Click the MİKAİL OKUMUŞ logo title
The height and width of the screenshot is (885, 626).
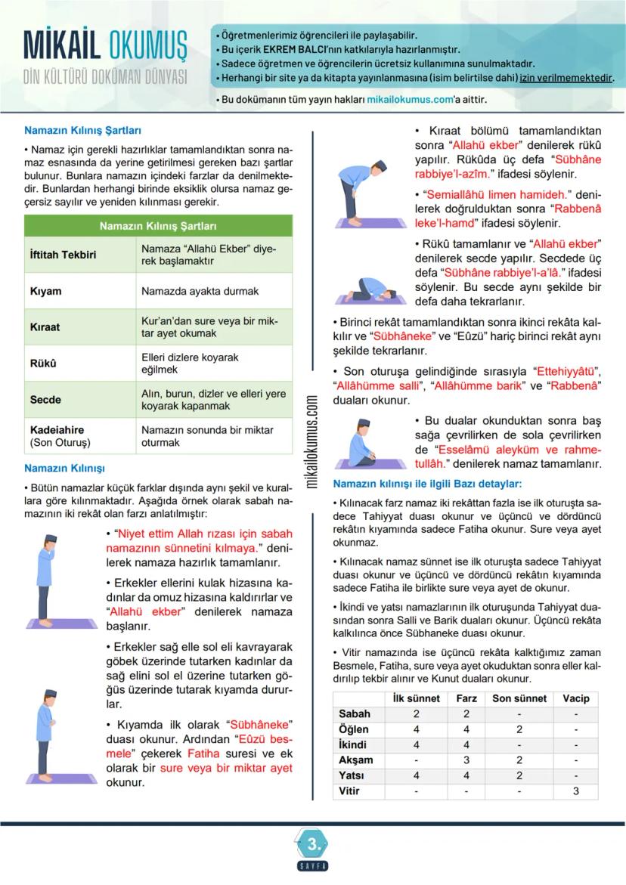pos(105,46)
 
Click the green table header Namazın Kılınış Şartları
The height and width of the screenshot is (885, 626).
pos(158,226)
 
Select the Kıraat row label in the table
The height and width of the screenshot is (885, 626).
pos(45,327)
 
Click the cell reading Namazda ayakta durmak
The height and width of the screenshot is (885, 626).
pos(200,291)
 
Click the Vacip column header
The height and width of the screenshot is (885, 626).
pos(575,698)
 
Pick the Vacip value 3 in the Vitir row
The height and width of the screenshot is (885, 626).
pos(575,791)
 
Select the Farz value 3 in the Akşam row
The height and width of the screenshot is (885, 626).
pos(466,760)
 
